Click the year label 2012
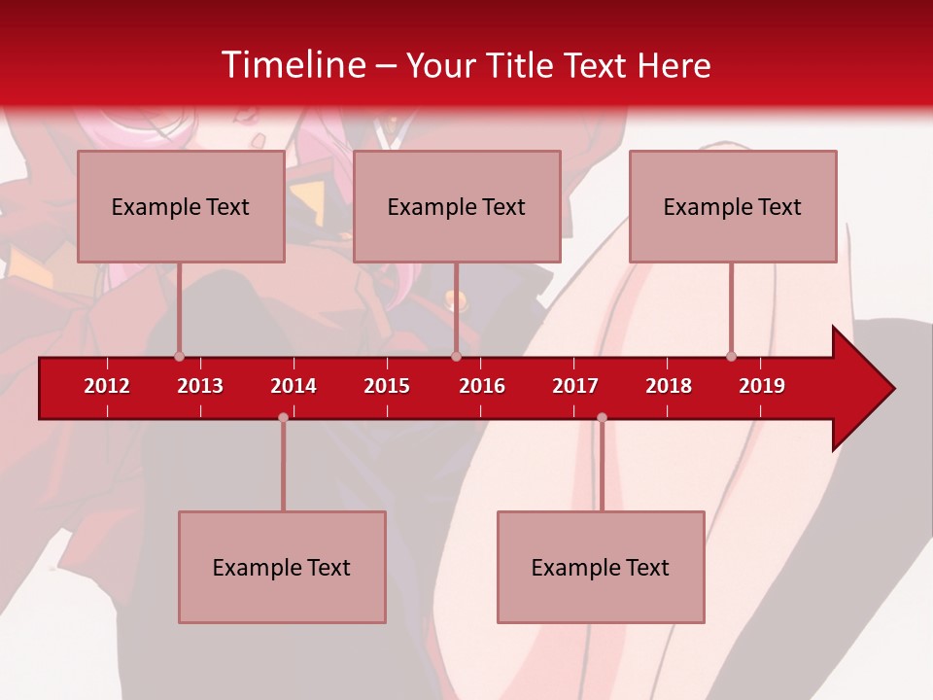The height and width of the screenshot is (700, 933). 107,386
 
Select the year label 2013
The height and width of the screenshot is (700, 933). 200,386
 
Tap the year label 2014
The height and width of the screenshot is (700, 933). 294,386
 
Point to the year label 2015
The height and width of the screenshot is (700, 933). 387,386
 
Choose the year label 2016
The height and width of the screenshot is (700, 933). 482,386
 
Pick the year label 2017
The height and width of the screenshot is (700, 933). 575,386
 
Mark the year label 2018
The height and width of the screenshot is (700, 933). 669,386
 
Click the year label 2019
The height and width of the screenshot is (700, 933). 762,386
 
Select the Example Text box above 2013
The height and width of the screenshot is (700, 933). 181,206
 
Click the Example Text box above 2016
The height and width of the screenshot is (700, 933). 457,206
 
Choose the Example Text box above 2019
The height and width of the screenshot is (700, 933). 733,206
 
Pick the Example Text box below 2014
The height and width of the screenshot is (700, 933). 282,567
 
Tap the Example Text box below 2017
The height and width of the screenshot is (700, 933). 601,567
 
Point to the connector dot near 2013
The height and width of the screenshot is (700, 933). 180,356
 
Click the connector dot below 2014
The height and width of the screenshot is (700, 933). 283,418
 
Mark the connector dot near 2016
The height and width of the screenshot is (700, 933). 456,356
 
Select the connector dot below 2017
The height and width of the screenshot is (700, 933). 602,418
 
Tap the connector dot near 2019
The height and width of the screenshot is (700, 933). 732,356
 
